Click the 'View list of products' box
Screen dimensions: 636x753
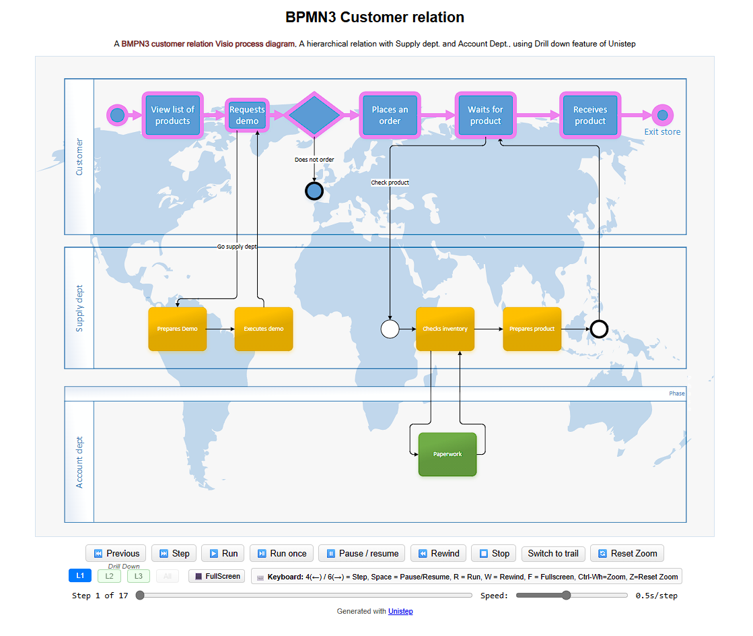click(172, 115)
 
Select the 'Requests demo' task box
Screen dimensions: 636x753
click(247, 115)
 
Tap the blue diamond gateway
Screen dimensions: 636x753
click(314, 115)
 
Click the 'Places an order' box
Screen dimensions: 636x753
click(390, 115)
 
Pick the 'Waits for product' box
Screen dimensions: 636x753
click(485, 115)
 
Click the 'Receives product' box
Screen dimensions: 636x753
click(589, 115)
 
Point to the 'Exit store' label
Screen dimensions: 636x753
click(662, 132)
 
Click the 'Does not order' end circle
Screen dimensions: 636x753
click(314, 191)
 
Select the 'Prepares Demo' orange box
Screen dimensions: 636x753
click(178, 329)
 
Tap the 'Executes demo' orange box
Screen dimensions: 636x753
click(264, 329)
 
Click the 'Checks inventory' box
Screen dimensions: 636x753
click(445, 329)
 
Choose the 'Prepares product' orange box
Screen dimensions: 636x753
click(532, 329)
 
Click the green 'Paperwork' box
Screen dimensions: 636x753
click(447, 454)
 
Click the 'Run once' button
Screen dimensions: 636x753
click(281, 553)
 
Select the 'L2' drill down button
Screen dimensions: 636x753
click(109, 576)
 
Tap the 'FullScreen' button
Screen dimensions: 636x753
click(217, 576)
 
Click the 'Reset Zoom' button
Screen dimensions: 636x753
click(627, 553)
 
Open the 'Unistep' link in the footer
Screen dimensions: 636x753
click(400, 611)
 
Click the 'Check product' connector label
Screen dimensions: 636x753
click(390, 183)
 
